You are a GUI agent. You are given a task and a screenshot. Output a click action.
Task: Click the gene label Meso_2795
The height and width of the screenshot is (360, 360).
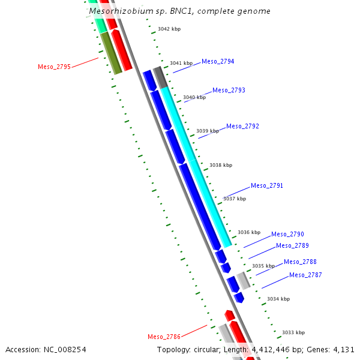coord(54,67)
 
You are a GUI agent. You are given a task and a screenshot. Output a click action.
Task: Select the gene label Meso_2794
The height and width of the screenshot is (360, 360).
coord(218,62)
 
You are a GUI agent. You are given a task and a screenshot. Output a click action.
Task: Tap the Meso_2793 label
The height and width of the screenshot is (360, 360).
coord(229,90)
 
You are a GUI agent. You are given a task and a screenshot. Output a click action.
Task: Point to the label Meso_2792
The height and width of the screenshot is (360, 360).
coord(242,126)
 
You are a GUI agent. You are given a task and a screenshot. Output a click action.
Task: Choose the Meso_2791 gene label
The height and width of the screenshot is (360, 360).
coord(267,185)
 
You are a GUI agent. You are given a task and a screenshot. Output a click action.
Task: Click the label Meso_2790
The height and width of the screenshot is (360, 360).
coord(287,234)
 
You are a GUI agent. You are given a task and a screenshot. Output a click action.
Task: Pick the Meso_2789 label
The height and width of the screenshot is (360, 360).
coord(292,245)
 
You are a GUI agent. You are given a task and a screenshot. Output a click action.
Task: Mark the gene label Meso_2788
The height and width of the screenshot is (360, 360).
coord(300,262)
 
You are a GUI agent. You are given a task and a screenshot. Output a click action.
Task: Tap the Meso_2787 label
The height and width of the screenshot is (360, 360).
coord(305,275)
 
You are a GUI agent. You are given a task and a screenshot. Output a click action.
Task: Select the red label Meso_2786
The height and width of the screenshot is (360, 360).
coord(164,337)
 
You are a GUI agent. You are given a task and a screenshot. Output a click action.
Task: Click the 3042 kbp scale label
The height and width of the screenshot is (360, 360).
coord(169,29)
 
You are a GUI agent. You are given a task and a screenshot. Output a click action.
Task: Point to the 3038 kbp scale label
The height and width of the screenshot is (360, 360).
coord(221,165)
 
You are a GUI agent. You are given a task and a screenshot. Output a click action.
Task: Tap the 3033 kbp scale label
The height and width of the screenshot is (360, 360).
coord(293,332)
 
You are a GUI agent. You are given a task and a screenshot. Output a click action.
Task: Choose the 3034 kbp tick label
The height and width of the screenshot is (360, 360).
coord(278,299)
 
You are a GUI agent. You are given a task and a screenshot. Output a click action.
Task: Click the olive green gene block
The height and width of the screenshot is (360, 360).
coord(111,53)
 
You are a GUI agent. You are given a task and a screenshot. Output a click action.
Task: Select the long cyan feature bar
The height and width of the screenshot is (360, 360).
coord(196,167)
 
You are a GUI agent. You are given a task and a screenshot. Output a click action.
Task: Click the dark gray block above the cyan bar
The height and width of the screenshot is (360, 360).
coord(160,77)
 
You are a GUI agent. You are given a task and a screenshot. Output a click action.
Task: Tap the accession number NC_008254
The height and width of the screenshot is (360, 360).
coord(65,350)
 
